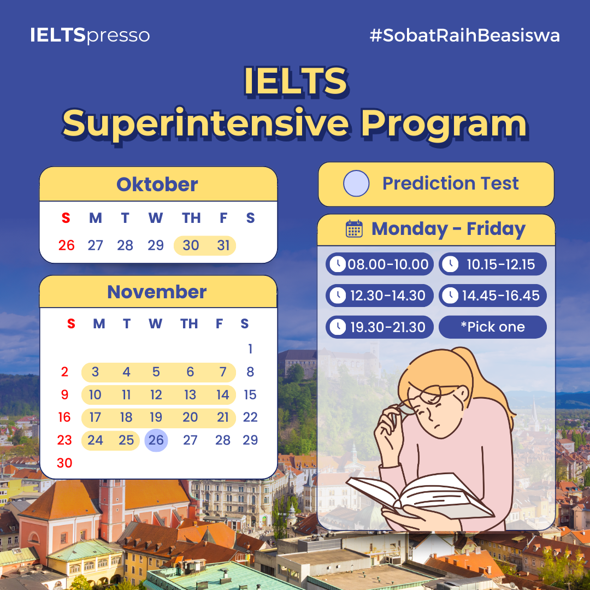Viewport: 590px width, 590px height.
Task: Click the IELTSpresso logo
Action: click(x=90, y=36)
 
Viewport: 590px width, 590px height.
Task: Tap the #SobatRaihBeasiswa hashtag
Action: click(x=465, y=36)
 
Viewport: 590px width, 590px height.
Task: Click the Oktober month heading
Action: click(x=157, y=185)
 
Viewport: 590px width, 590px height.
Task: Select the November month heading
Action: click(x=157, y=292)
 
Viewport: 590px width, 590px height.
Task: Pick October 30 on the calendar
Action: click(x=191, y=245)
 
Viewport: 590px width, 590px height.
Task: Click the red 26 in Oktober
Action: click(x=67, y=245)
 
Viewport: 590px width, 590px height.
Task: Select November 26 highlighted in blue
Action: click(x=156, y=440)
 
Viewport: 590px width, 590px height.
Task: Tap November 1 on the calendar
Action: click(x=250, y=349)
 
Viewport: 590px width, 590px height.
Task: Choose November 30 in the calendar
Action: click(x=64, y=463)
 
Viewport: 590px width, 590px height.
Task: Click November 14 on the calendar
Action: click(x=223, y=395)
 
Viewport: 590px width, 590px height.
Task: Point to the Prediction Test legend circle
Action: click(x=356, y=184)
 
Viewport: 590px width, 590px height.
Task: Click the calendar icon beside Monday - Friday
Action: click(x=354, y=229)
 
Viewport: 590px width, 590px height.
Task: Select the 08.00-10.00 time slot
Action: click(x=379, y=264)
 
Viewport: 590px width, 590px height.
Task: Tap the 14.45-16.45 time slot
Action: click(x=493, y=296)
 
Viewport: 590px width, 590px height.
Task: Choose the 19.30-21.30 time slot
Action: click(x=379, y=327)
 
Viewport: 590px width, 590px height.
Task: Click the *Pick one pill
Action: click(x=493, y=327)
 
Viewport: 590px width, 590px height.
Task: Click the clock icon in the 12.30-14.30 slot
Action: click(x=338, y=296)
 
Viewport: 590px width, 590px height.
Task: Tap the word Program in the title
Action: click(x=444, y=124)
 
